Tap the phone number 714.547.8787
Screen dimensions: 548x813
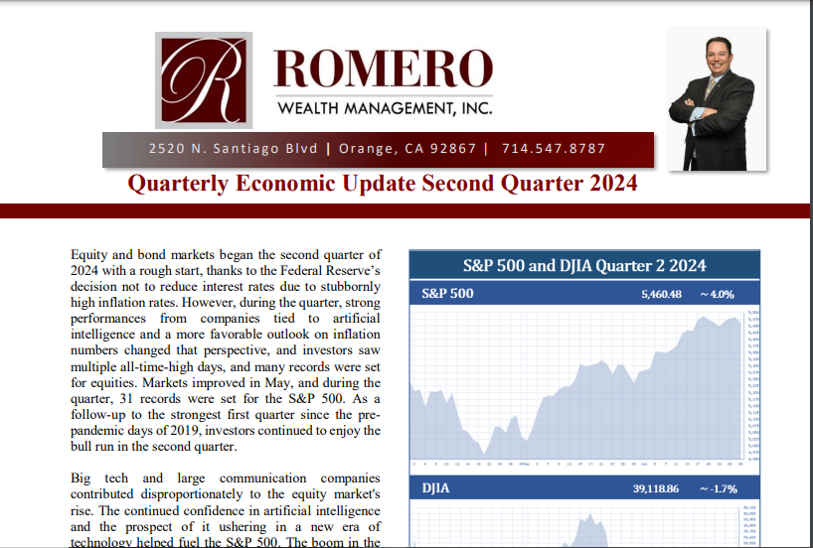[x=554, y=149]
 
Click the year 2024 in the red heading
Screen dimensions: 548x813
[x=607, y=184]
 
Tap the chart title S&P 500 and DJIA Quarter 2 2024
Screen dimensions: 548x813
[x=584, y=265]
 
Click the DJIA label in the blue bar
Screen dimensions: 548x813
[x=436, y=489]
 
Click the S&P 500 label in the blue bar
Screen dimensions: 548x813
[x=447, y=294]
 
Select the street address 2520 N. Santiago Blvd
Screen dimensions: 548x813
[x=233, y=149]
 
